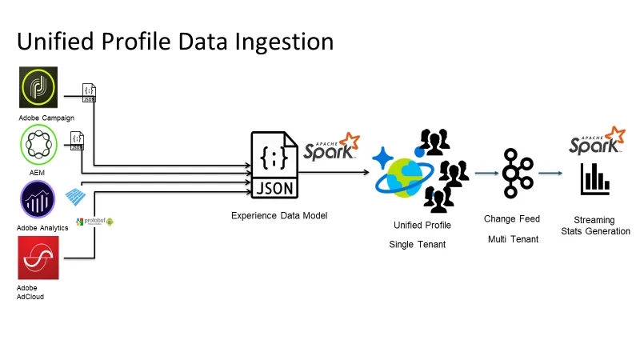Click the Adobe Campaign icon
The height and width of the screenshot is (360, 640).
(x=37, y=87)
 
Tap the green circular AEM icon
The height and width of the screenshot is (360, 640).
(x=37, y=146)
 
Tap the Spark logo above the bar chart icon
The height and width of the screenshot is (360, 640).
(x=597, y=141)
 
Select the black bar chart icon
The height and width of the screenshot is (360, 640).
(x=594, y=179)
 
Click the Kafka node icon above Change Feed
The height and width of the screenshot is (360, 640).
(x=512, y=173)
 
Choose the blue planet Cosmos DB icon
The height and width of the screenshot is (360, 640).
(x=403, y=175)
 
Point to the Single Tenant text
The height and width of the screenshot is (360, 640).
(x=418, y=244)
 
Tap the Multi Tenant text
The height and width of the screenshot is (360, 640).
(x=512, y=238)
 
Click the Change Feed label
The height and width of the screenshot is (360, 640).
(x=512, y=218)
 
